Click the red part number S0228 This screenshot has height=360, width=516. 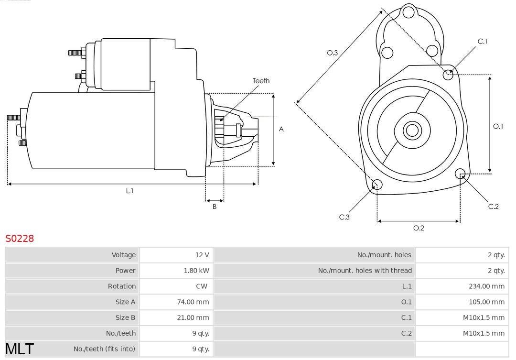20,238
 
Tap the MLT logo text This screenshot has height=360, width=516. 20,349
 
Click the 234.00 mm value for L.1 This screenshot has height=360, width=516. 486,286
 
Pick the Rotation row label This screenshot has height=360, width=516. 122,286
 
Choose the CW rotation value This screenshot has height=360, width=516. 202,286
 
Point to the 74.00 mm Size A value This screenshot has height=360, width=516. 193,302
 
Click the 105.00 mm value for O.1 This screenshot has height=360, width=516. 486,302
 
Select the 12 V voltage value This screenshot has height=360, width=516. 202,255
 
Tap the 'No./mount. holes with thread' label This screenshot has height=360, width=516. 365,271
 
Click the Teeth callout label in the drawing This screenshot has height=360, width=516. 261,81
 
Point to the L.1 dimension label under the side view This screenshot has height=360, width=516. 129,191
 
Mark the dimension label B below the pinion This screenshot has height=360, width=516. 215,207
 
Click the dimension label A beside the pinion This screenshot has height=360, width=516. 281,129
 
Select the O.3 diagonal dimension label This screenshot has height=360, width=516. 333,53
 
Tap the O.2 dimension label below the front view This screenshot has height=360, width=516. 419,228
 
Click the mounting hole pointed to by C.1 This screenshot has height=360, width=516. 448,75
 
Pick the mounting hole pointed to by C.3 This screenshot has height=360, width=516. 377,185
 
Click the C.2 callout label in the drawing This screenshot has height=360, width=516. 493,207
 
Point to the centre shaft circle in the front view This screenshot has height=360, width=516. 412,130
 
